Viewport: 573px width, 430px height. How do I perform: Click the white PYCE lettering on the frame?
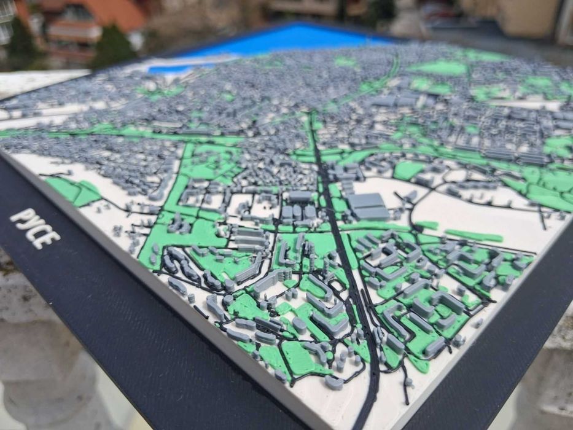coord(35,228)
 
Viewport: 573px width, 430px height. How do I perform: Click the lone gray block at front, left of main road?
coord(333,382)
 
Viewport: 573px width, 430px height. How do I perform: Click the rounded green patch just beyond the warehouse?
coord(408,170)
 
